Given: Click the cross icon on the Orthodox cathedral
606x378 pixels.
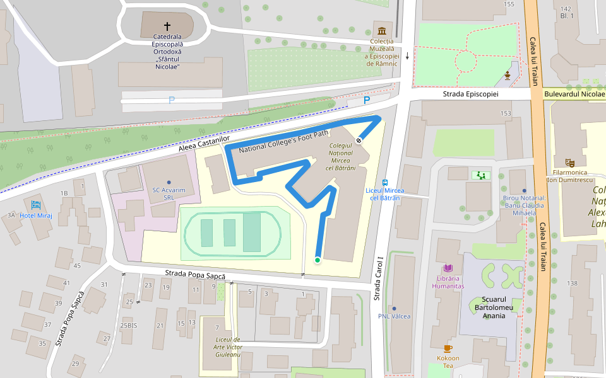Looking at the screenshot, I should (167, 26).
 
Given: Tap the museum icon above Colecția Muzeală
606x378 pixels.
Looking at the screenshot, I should (382, 31).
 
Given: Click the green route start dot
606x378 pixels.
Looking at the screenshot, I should (318, 260).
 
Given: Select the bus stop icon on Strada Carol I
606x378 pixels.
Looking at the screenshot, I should (385, 182).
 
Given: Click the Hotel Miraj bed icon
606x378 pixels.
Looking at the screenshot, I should (35, 205).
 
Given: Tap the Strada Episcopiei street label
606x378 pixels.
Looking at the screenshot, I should (470, 94).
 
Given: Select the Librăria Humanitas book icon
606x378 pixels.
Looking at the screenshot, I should (448, 268).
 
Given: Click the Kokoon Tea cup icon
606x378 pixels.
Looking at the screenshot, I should (448, 348).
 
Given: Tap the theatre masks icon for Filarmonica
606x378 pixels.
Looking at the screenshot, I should (570, 163).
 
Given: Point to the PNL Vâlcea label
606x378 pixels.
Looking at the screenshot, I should (394, 316).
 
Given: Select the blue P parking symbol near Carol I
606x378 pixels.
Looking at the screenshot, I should (367, 101).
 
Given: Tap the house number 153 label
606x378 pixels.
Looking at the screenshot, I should (506, 113).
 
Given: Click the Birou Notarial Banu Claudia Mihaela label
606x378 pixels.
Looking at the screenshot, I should (523, 205).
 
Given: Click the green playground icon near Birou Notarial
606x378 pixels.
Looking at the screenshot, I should (482, 175).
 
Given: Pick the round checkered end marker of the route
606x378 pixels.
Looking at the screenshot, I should (359, 140).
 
